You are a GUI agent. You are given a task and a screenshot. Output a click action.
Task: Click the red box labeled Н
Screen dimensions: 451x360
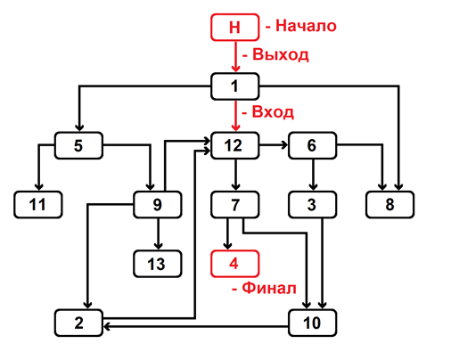pyautogui.click(x=234, y=28)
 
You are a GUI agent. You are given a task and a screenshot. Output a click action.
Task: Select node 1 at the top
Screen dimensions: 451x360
pyautogui.click(x=234, y=86)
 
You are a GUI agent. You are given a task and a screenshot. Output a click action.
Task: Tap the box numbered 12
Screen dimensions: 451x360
pyautogui.click(x=234, y=145)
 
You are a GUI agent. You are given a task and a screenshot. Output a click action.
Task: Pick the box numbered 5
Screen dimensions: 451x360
pyautogui.click(x=78, y=145)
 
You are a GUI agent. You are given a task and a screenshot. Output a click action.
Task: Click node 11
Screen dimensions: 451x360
pyautogui.click(x=38, y=205)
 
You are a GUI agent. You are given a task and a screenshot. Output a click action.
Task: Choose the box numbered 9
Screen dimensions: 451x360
pyautogui.click(x=158, y=205)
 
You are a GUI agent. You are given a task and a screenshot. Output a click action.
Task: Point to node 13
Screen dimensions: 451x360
pyautogui.click(x=158, y=264)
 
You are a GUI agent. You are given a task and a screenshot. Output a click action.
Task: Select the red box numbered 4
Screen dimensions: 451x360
pyautogui.click(x=234, y=264)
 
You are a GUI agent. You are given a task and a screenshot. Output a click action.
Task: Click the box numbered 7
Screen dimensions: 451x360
pyautogui.click(x=234, y=205)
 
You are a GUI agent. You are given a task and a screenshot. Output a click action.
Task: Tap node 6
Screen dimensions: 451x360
pyautogui.click(x=312, y=145)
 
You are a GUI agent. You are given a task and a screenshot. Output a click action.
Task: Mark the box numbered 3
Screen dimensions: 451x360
pyautogui.click(x=312, y=205)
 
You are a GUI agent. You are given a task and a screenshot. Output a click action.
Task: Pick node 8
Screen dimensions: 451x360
pyautogui.click(x=389, y=205)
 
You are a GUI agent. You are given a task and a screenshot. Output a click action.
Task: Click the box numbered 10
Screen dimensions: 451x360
pyautogui.click(x=312, y=323)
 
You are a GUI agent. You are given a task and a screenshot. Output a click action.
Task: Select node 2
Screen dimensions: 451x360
pyautogui.click(x=78, y=323)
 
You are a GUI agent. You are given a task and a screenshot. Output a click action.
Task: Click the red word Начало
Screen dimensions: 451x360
pyautogui.click(x=306, y=26)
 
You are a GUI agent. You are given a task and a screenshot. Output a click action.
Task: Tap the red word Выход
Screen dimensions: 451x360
pyautogui.click(x=281, y=54)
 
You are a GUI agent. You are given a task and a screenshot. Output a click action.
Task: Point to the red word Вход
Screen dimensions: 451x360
pyautogui.click(x=273, y=112)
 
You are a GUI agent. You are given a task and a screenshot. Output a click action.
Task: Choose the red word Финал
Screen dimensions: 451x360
pyautogui.click(x=269, y=288)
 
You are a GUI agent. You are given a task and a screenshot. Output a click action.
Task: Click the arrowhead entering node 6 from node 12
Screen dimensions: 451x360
pyautogui.click(x=284, y=145)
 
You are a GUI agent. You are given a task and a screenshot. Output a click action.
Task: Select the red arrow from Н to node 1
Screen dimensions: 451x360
pyautogui.click(x=235, y=57)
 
